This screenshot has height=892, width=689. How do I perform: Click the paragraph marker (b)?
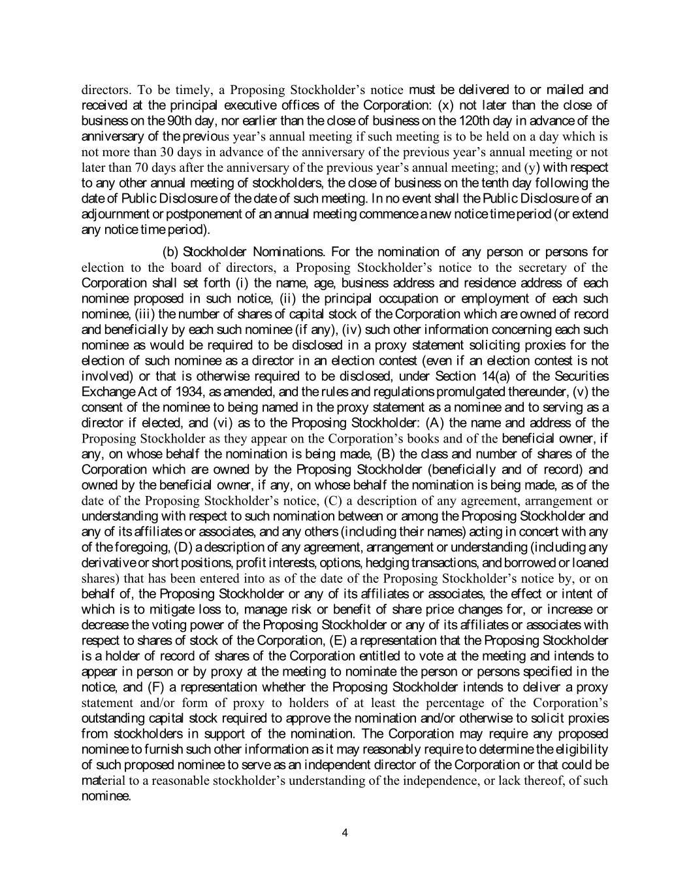click(x=170, y=252)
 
